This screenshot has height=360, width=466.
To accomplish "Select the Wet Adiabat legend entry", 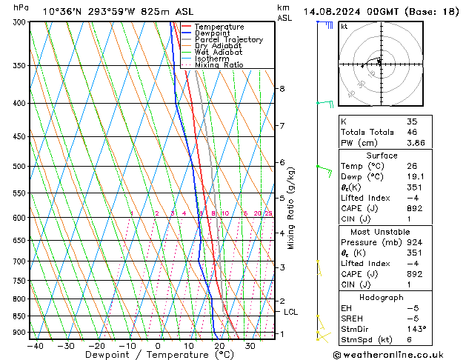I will point(221,53).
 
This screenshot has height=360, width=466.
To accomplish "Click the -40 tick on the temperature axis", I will point(34,345).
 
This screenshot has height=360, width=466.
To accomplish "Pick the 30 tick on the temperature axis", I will point(250,345).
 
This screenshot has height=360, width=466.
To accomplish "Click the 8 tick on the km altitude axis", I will point(282,89).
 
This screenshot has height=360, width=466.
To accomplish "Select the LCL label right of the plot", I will point(290,312).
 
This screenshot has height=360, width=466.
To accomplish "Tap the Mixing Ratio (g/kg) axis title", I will point(291,208).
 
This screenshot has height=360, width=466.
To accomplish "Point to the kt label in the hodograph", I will point(344,26).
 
